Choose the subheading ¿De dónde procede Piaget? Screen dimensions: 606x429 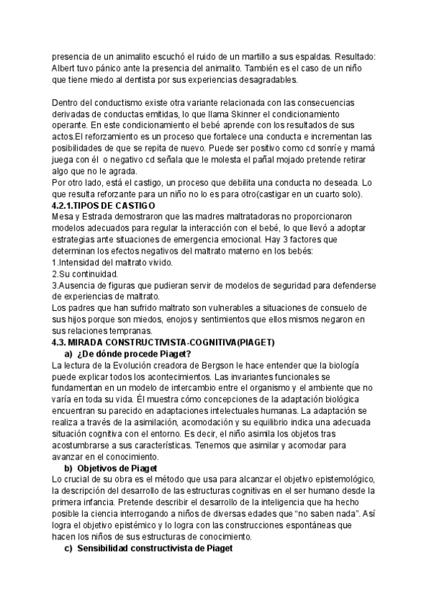tap(134, 354)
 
